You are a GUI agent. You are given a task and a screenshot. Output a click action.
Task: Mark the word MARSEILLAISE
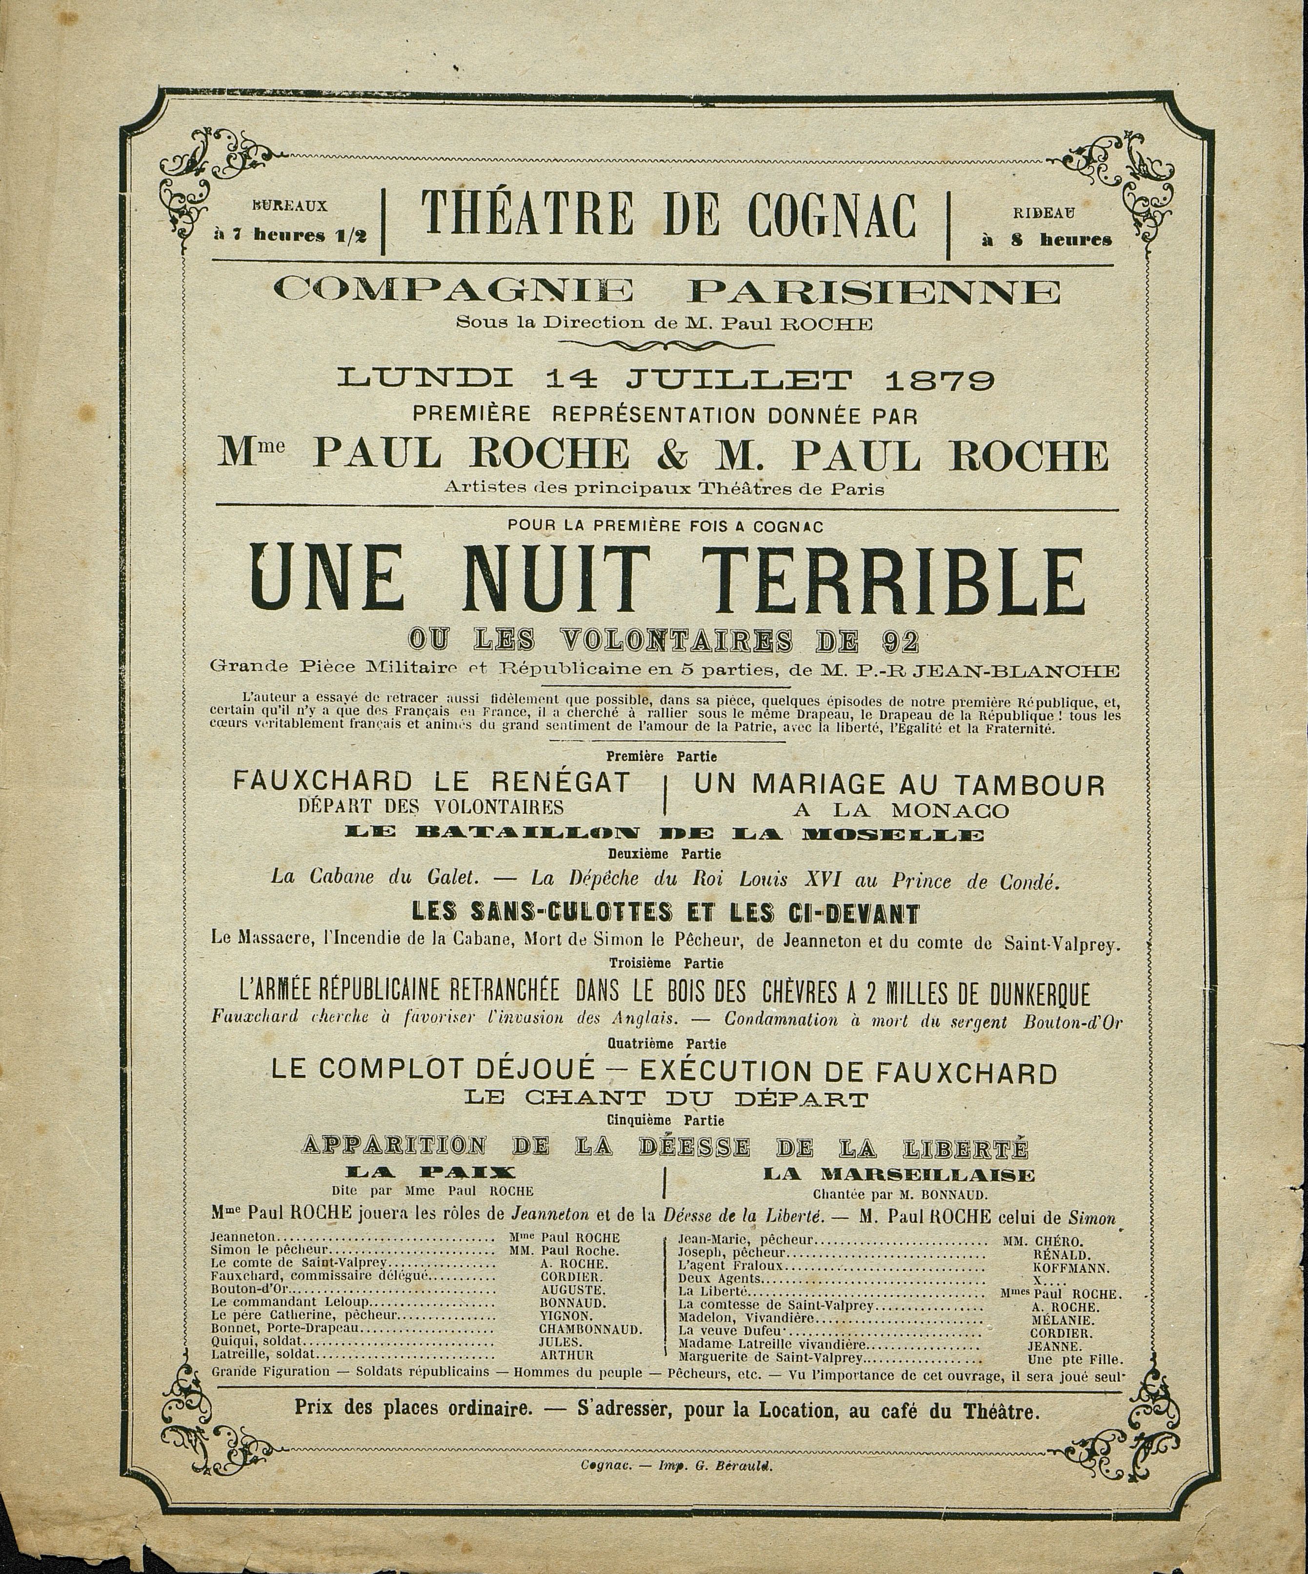point(898,1174)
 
